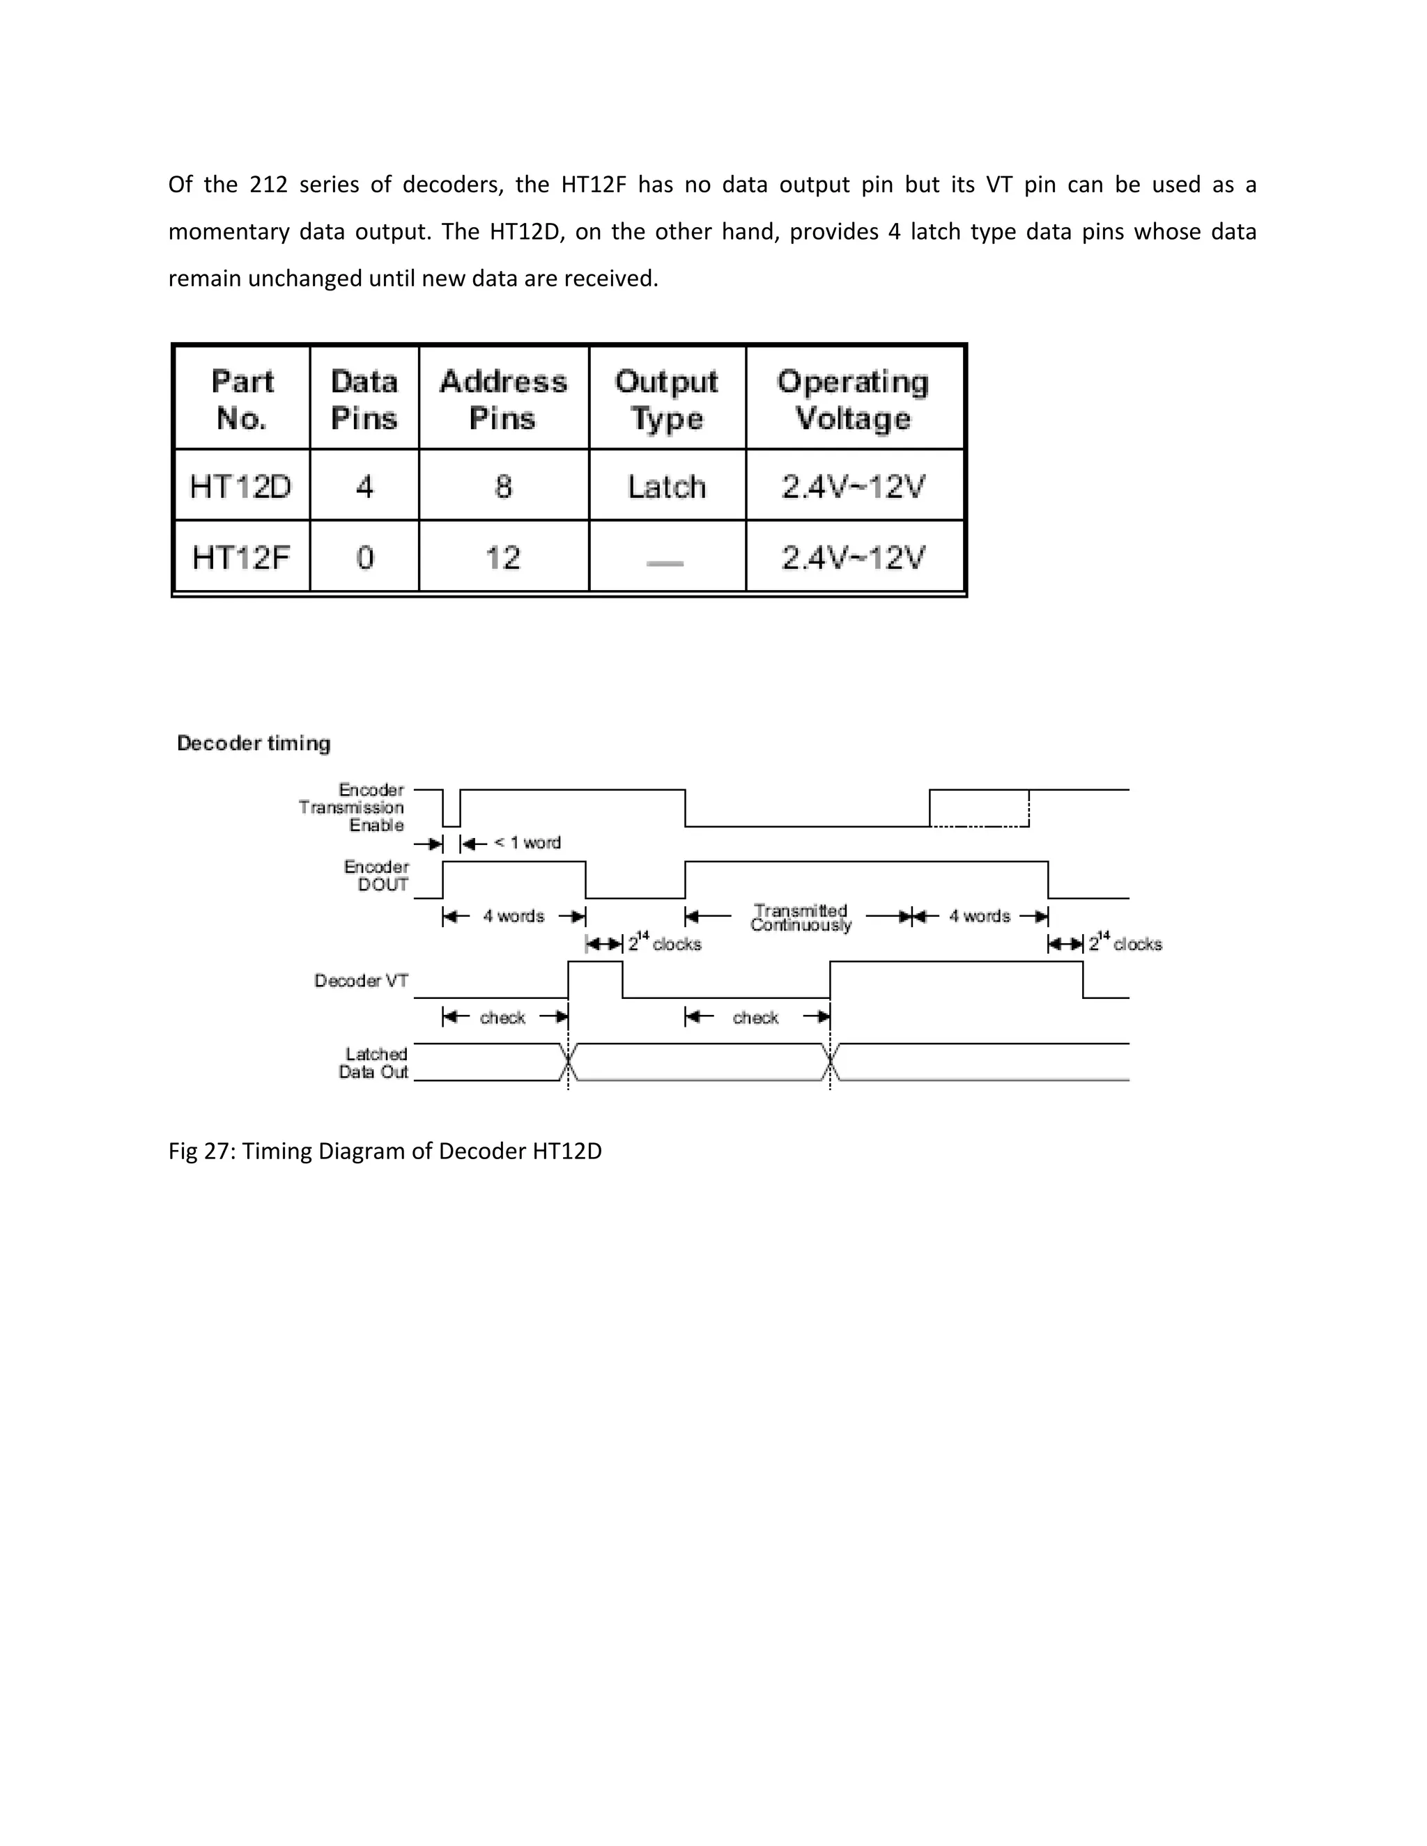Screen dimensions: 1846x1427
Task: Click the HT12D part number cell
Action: click(241, 486)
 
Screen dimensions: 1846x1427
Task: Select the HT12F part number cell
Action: click(241, 557)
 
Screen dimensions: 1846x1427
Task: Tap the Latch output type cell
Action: click(666, 486)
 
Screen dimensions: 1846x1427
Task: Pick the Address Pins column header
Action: click(503, 399)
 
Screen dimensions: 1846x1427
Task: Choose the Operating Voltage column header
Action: click(853, 399)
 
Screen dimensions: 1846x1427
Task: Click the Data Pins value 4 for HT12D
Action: click(364, 486)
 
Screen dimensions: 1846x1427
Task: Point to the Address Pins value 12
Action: click(503, 557)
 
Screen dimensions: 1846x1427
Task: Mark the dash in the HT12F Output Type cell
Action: click(665, 562)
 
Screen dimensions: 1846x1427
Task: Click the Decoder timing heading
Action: click(254, 743)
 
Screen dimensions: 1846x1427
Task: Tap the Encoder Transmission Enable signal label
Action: click(353, 807)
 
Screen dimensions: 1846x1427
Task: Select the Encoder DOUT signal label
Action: click(377, 876)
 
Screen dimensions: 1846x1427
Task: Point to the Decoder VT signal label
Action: click(361, 981)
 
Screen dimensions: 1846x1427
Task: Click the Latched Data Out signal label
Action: click(374, 1063)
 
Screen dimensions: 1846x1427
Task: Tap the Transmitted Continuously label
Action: click(801, 917)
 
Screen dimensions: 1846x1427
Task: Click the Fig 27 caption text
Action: click(385, 1151)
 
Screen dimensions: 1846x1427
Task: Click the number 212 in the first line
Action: click(268, 185)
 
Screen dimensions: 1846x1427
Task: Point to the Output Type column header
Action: click(666, 399)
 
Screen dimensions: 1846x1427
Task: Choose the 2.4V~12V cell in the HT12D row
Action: click(853, 486)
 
